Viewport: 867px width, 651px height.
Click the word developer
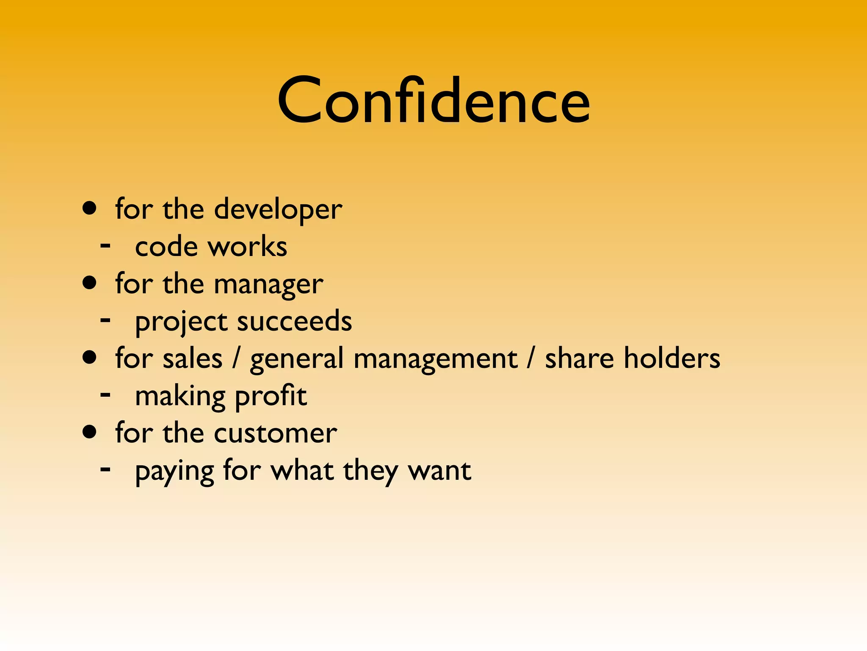coord(278,209)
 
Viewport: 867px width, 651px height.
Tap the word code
coord(166,246)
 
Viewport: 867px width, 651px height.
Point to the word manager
coord(269,284)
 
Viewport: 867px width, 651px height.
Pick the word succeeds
coord(295,321)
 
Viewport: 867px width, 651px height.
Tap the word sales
coord(193,359)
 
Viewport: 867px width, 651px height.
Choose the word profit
coord(271,397)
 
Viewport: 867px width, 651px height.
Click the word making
coord(180,397)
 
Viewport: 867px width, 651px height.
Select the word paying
coord(174,471)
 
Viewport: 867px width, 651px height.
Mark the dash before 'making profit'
coord(105,395)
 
